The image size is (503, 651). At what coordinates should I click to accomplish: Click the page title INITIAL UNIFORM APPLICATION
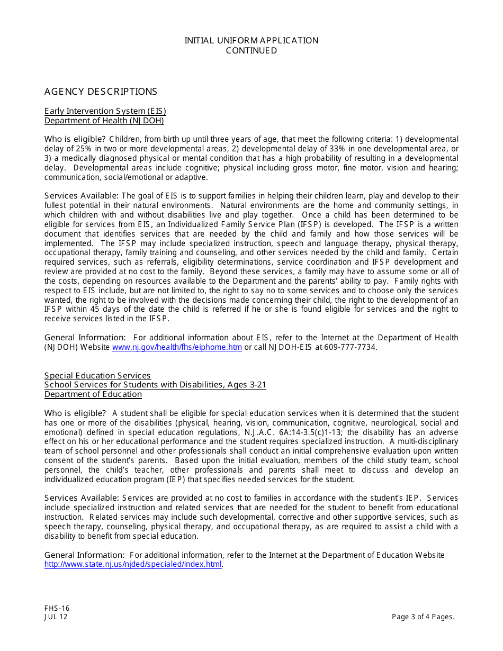click(x=251, y=41)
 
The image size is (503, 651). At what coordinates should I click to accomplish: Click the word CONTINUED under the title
click(x=251, y=51)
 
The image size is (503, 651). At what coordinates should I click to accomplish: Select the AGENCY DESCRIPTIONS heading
click(x=101, y=92)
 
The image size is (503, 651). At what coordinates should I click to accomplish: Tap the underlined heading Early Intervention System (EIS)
click(x=105, y=111)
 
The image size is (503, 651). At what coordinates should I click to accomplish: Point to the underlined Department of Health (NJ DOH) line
click(x=104, y=121)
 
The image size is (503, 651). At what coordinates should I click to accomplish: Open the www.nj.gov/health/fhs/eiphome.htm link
click(x=177, y=347)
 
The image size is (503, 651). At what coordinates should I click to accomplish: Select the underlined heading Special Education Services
click(x=97, y=376)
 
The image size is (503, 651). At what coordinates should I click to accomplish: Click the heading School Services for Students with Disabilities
click(x=155, y=385)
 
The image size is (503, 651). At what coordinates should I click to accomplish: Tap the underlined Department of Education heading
click(x=93, y=394)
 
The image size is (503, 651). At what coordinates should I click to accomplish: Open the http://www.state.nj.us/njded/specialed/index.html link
click(x=133, y=564)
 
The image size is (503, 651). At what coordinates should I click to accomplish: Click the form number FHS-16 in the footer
click(x=57, y=608)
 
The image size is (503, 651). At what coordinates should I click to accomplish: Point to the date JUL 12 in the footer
click(x=56, y=617)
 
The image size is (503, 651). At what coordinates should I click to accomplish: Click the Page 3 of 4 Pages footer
click(x=423, y=617)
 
